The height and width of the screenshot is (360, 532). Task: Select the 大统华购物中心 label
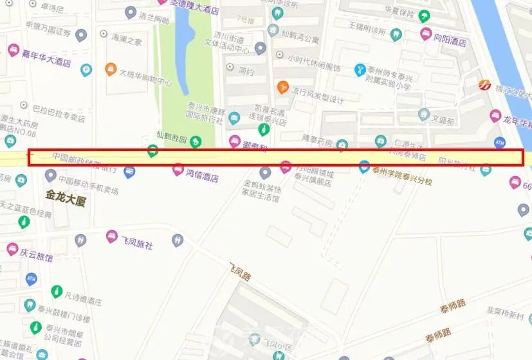tap(145, 82)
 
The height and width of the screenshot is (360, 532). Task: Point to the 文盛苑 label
tap(443, 120)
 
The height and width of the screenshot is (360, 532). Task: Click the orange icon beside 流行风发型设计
tap(282, 87)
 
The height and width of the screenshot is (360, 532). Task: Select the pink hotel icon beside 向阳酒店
tap(425, 33)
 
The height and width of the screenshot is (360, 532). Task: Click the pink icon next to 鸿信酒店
tap(178, 170)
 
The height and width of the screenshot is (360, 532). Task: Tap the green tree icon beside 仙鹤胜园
tap(196, 141)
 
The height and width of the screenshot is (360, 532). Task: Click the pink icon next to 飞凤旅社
tap(112, 237)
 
